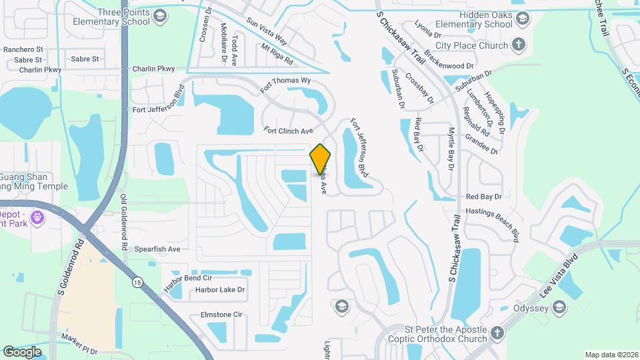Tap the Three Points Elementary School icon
click(x=160, y=15)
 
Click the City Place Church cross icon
click(x=519, y=45)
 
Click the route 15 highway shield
click(x=137, y=282)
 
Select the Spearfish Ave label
click(x=157, y=249)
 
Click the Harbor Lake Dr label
click(x=220, y=290)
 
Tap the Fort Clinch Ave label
click(x=288, y=131)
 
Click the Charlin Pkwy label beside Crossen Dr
click(x=153, y=69)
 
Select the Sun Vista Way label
click(x=266, y=31)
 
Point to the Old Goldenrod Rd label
click(x=124, y=222)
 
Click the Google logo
click(x=23, y=351)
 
